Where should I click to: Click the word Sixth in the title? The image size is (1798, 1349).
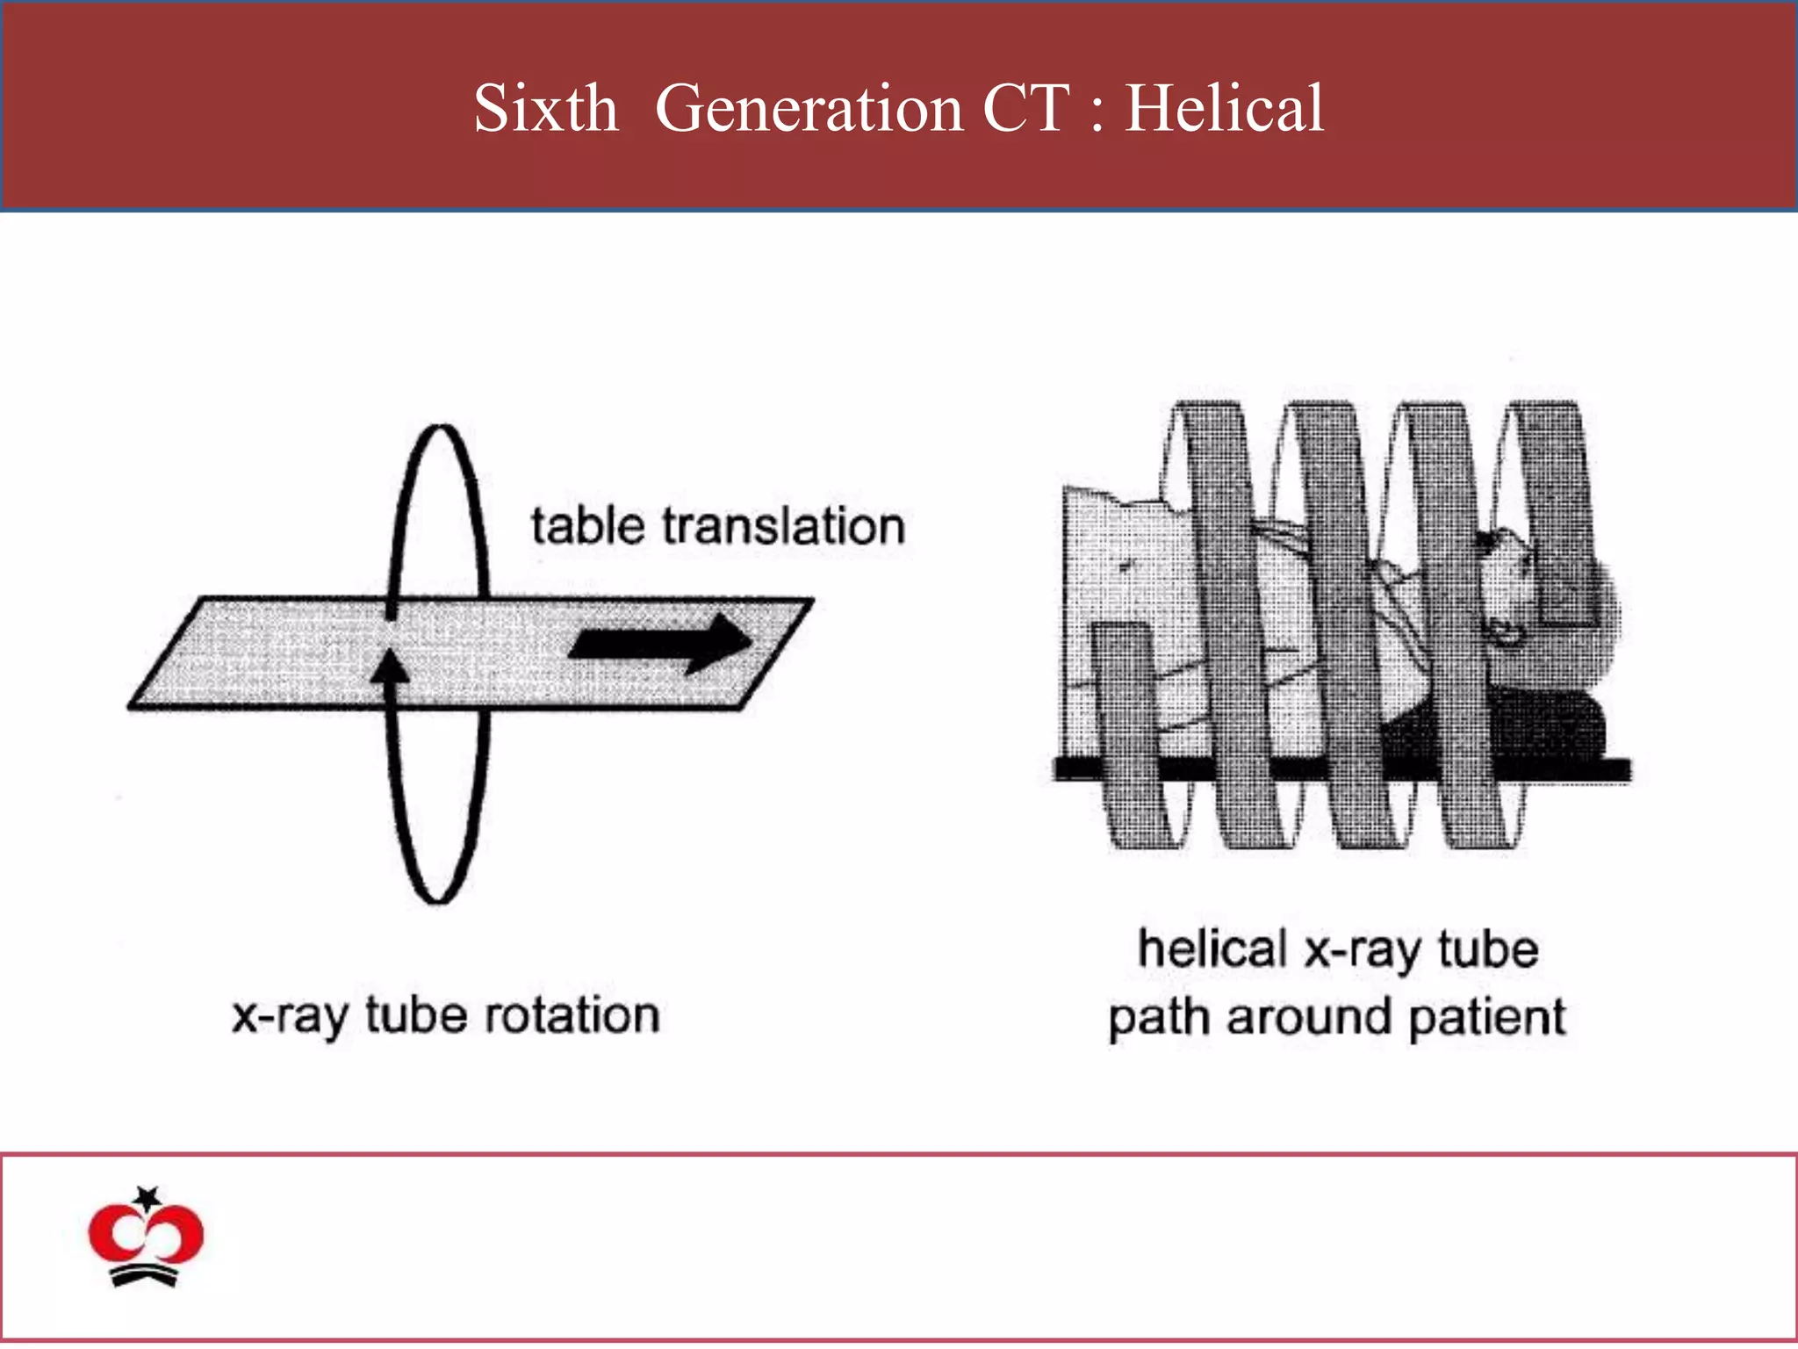pos(545,108)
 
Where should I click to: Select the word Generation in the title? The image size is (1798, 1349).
pos(809,108)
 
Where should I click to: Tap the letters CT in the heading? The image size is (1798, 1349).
pos(1025,108)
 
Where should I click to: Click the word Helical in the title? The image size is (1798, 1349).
pos(1224,108)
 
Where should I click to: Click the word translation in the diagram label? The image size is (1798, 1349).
pos(783,526)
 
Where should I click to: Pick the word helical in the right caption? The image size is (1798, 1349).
pos(1212,949)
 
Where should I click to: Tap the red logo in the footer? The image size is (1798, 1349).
pos(146,1237)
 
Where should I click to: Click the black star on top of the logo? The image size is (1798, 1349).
pos(147,1197)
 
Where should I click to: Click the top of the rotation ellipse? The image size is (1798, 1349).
pos(441,428)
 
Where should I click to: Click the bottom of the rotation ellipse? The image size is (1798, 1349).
pos(436,899)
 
